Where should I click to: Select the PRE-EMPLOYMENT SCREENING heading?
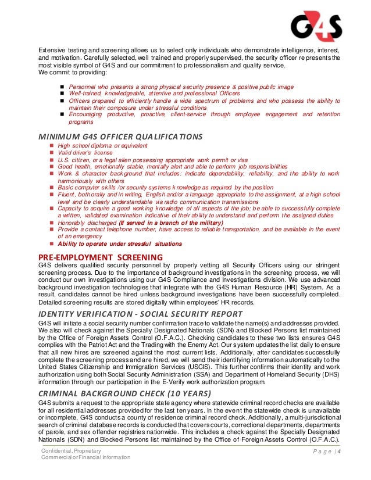pos(100,257)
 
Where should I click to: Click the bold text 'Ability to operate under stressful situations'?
pos(120,243)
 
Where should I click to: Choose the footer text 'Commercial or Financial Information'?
pos(85,458)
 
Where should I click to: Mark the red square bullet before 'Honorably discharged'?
pos(51,223)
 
